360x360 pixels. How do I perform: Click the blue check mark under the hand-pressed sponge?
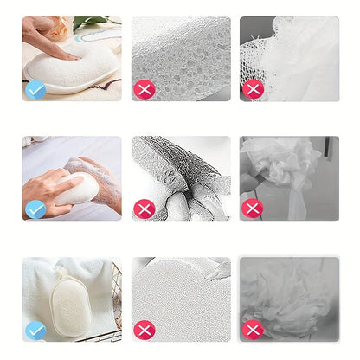pos(35,88)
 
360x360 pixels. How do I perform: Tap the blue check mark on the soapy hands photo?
pos(35,209)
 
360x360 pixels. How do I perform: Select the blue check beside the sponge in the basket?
pos(35,330)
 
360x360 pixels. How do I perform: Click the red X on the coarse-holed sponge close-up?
pos(145,88)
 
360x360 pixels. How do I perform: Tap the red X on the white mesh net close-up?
pos(253,88)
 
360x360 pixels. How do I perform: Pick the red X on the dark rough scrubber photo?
pos(145,209)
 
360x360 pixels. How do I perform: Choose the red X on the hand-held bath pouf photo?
pos(253,209)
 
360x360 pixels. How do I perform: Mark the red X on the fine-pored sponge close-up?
pos(145,330)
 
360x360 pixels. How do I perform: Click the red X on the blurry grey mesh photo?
pos(253,330)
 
